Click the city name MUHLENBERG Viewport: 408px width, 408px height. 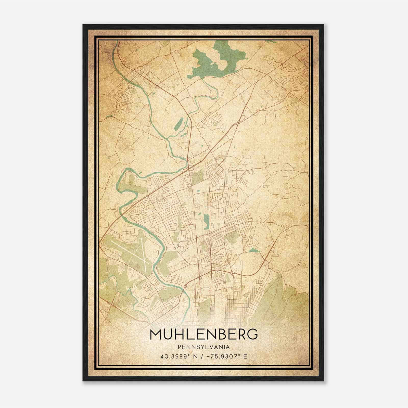coord(204,335)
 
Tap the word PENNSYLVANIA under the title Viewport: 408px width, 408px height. coord(204,347)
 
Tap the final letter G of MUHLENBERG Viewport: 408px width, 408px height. coord(252,335)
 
